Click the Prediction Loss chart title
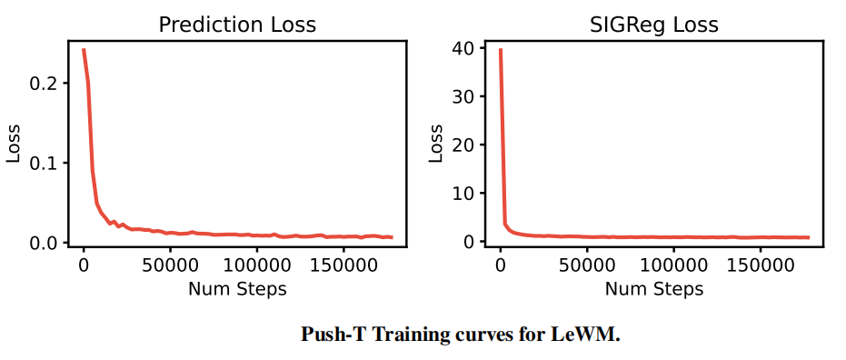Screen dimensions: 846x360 click(x=237, y=25)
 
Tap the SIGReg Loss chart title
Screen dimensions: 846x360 click(x=653, y=25)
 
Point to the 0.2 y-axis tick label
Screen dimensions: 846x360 click(x=45, y=83)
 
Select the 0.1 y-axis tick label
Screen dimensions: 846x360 click(x=45, y=163)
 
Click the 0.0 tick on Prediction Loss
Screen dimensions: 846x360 click(x=45, y=243)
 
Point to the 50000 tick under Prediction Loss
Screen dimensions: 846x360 click(x=170, y=265)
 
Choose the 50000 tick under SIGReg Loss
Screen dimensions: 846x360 click(x=587, y=265)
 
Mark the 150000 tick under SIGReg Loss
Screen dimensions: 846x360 click(x=761, y=265)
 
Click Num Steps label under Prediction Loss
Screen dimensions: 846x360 click(x=237, y=289)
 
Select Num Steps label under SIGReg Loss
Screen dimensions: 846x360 click(x=654, y=289)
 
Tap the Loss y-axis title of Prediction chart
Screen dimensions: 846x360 click(x=14, y=144)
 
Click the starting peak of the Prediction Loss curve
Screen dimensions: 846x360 click(x=84, y=50)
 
